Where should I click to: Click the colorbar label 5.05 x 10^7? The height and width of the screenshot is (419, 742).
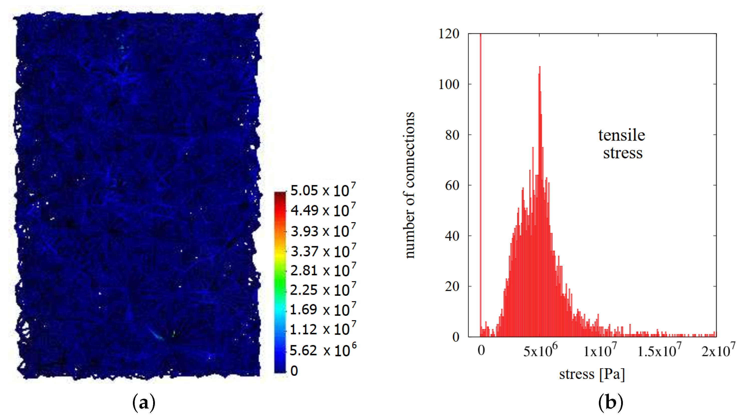(x=323, y=190)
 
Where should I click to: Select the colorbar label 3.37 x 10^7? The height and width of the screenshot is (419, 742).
(x=323, y=251)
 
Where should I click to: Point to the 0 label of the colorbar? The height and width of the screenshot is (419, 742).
(x=294, y=371)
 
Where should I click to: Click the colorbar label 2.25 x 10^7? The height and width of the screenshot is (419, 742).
(x=323, y=290)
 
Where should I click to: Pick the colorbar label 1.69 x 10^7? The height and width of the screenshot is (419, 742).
(x=323, y=310)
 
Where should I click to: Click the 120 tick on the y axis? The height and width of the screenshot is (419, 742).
(x=448, y=34)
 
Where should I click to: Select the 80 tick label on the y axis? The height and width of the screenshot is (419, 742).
(x=452, y=135)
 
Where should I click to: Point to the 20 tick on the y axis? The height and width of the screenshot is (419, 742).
(x=452, y=286)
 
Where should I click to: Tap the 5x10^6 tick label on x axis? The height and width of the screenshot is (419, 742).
(x=540, y=350)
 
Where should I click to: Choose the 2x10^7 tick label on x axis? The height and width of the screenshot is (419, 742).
(x=718, y=350)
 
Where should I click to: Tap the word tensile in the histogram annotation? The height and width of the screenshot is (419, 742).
(x=621, y=135)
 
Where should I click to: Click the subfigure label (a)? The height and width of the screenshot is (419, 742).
(x=143, y=403)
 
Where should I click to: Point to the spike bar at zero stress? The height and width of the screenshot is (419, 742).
(x=480, y=173)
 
